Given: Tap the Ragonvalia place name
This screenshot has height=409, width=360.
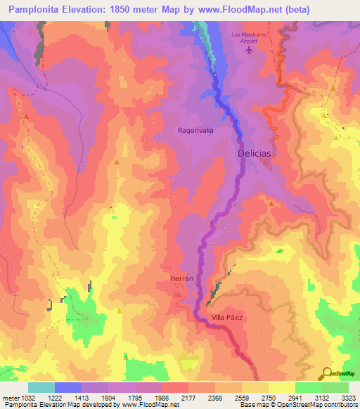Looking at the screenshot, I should (x=195, y=130).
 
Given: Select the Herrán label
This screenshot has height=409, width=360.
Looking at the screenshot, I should (x=181, y=279).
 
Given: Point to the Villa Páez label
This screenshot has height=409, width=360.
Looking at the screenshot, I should (x=227, y=318).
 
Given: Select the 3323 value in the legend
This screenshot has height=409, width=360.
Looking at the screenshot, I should (x=347, y=398).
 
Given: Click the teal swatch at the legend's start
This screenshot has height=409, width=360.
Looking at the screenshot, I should (x=41, y=387).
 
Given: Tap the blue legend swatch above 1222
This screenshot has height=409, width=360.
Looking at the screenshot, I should (x=68, y=387).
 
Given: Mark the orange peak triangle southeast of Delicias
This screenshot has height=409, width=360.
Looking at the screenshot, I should (x=271, y=202).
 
